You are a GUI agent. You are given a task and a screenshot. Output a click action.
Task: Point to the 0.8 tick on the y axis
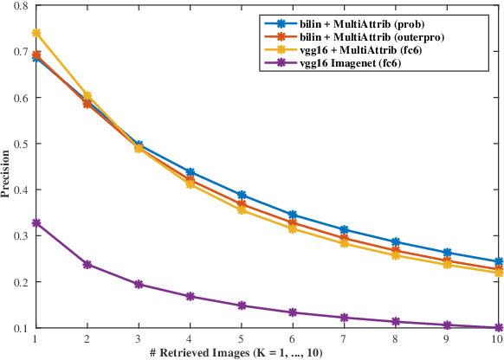[20, 6]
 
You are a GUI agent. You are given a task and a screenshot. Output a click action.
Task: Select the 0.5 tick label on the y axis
[20, 144]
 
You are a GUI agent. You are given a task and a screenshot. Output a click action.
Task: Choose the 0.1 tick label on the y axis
[20, 328]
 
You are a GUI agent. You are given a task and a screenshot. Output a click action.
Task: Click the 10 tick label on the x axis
[499, 338]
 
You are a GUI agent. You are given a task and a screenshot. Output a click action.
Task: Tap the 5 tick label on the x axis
[241, 338]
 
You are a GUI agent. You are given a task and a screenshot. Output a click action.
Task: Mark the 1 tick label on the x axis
[36, 338]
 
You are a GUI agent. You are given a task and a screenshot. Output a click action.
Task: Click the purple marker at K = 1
[36, 223]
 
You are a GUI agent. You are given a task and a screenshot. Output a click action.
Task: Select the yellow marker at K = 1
[36, 33]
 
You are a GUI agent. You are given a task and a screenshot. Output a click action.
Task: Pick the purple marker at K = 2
[87, 264]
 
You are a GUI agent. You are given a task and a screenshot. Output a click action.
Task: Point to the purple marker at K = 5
[241, 305]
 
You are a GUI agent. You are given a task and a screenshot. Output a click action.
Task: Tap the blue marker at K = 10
[499, 261]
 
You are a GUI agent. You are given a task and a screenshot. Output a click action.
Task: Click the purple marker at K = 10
[499, 327]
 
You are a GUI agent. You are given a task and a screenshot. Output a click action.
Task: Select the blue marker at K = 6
[293, 215]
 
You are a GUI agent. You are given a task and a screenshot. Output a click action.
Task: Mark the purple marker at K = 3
[139, 284]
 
